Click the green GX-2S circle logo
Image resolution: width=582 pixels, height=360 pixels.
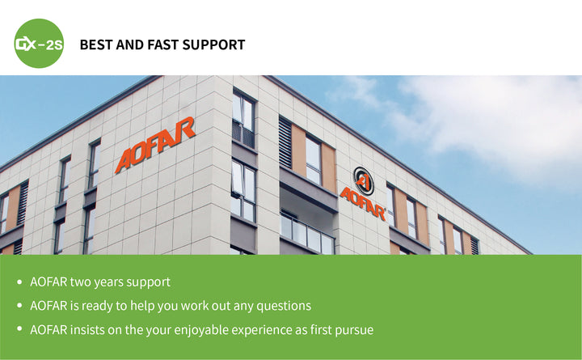[39, 44]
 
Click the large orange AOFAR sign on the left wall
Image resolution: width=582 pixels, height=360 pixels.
[155, 145]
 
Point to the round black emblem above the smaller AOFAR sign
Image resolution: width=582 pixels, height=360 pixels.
[363, 180]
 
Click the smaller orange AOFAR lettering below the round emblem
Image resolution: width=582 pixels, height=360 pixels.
[363, 205]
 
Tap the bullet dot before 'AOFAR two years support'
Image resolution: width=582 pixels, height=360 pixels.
[19, 282]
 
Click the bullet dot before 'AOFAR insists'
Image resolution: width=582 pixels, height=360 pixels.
[19, 329]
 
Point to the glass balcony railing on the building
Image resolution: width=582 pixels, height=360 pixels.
[307, 233]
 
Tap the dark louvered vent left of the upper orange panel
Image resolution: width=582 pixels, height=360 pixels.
[285, 142]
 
